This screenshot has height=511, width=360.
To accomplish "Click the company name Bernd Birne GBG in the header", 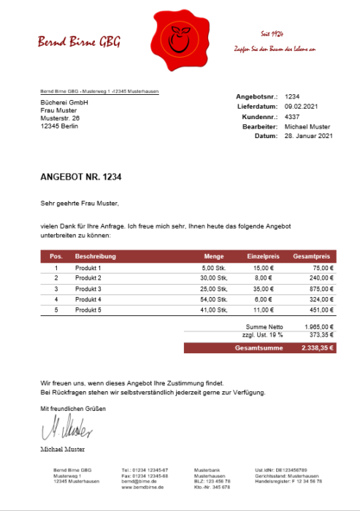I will coord(80,42).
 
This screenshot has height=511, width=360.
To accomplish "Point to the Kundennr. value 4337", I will coord(292,116).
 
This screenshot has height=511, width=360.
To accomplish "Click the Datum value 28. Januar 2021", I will coord(308,136).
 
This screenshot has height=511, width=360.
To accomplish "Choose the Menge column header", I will coord(213,257).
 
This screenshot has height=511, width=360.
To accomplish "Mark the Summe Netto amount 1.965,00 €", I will coord(318,326).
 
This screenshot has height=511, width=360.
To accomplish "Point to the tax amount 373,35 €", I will coord(321,335).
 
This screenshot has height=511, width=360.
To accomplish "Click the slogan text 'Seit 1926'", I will coord(272,34).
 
